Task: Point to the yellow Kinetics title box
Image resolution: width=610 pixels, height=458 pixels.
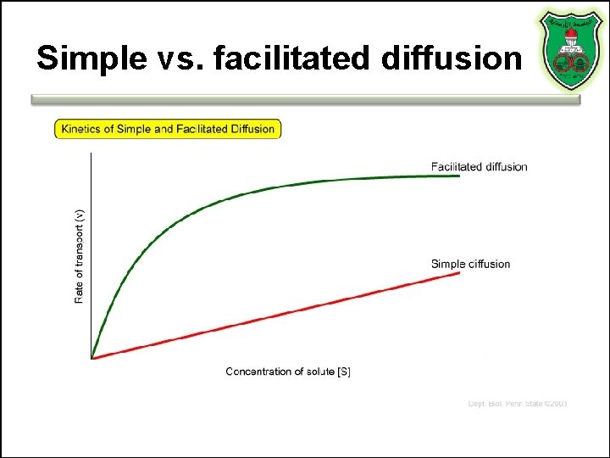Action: [167, 129]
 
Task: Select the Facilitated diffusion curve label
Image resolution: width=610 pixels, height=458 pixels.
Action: [479, 166]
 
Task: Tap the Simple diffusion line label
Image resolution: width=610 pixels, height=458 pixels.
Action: [470, 264]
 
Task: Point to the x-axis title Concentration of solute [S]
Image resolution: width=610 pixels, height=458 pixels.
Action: [288, 371]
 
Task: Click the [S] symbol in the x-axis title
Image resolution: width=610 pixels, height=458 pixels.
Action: [344, 371]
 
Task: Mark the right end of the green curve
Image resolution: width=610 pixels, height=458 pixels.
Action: [459, 176]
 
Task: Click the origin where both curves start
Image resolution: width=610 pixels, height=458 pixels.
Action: [91, 358]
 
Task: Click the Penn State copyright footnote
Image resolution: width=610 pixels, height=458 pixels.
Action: [518, 404]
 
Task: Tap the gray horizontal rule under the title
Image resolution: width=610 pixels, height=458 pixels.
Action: [305, 99]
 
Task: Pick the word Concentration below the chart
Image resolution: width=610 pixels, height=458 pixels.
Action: [259, 371]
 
